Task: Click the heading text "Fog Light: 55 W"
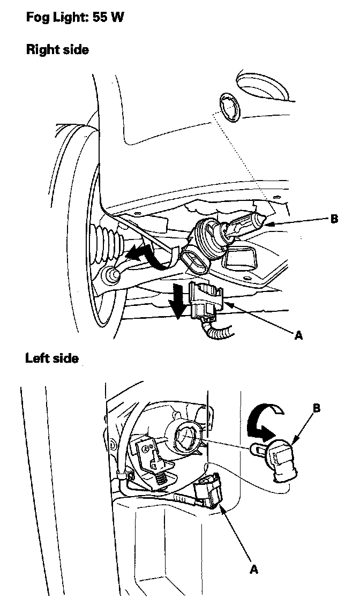tap(75, 18)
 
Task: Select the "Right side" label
tap(57, 50)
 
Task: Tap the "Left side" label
tap(52, 358)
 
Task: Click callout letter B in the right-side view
tap(334, 219)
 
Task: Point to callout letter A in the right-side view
tap(298, 335)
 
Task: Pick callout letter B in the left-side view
tap(317, 408)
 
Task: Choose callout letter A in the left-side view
tap(253, 569)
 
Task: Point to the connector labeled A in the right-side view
tap(206, 300)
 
